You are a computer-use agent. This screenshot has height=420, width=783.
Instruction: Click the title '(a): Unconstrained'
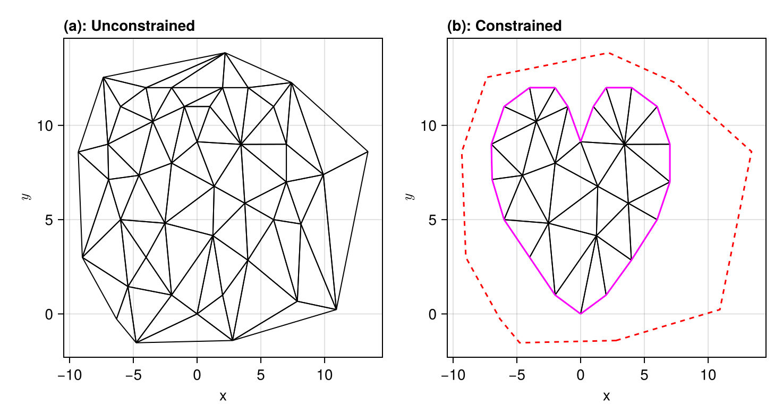click(x=129, y=26)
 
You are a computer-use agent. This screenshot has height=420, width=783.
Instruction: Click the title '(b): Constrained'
click(x=504, y=26)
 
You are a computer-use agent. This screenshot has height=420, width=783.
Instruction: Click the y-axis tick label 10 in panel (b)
click(x=432, y=125)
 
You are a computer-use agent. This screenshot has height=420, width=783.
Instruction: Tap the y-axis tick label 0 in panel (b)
click(x=436, y=314)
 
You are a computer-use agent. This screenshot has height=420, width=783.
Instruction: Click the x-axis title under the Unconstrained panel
click(x=223, y=397)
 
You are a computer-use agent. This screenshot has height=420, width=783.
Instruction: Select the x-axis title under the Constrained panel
click(x=607, y=397)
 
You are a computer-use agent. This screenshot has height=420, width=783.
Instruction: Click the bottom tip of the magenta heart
click(x=581, y=314)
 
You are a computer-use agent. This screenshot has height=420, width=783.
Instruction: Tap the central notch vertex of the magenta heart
click(x=581, y=141)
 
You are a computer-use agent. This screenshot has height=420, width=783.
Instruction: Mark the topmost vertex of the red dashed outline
click(x=609, y=53)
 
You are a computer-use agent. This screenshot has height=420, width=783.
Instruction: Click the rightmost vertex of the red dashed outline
click(x=752, y=152)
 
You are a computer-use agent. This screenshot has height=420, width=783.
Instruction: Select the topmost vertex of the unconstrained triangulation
click(x=225, y=53)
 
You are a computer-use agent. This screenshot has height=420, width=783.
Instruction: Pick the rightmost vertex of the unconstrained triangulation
click(x=368, y=152)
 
